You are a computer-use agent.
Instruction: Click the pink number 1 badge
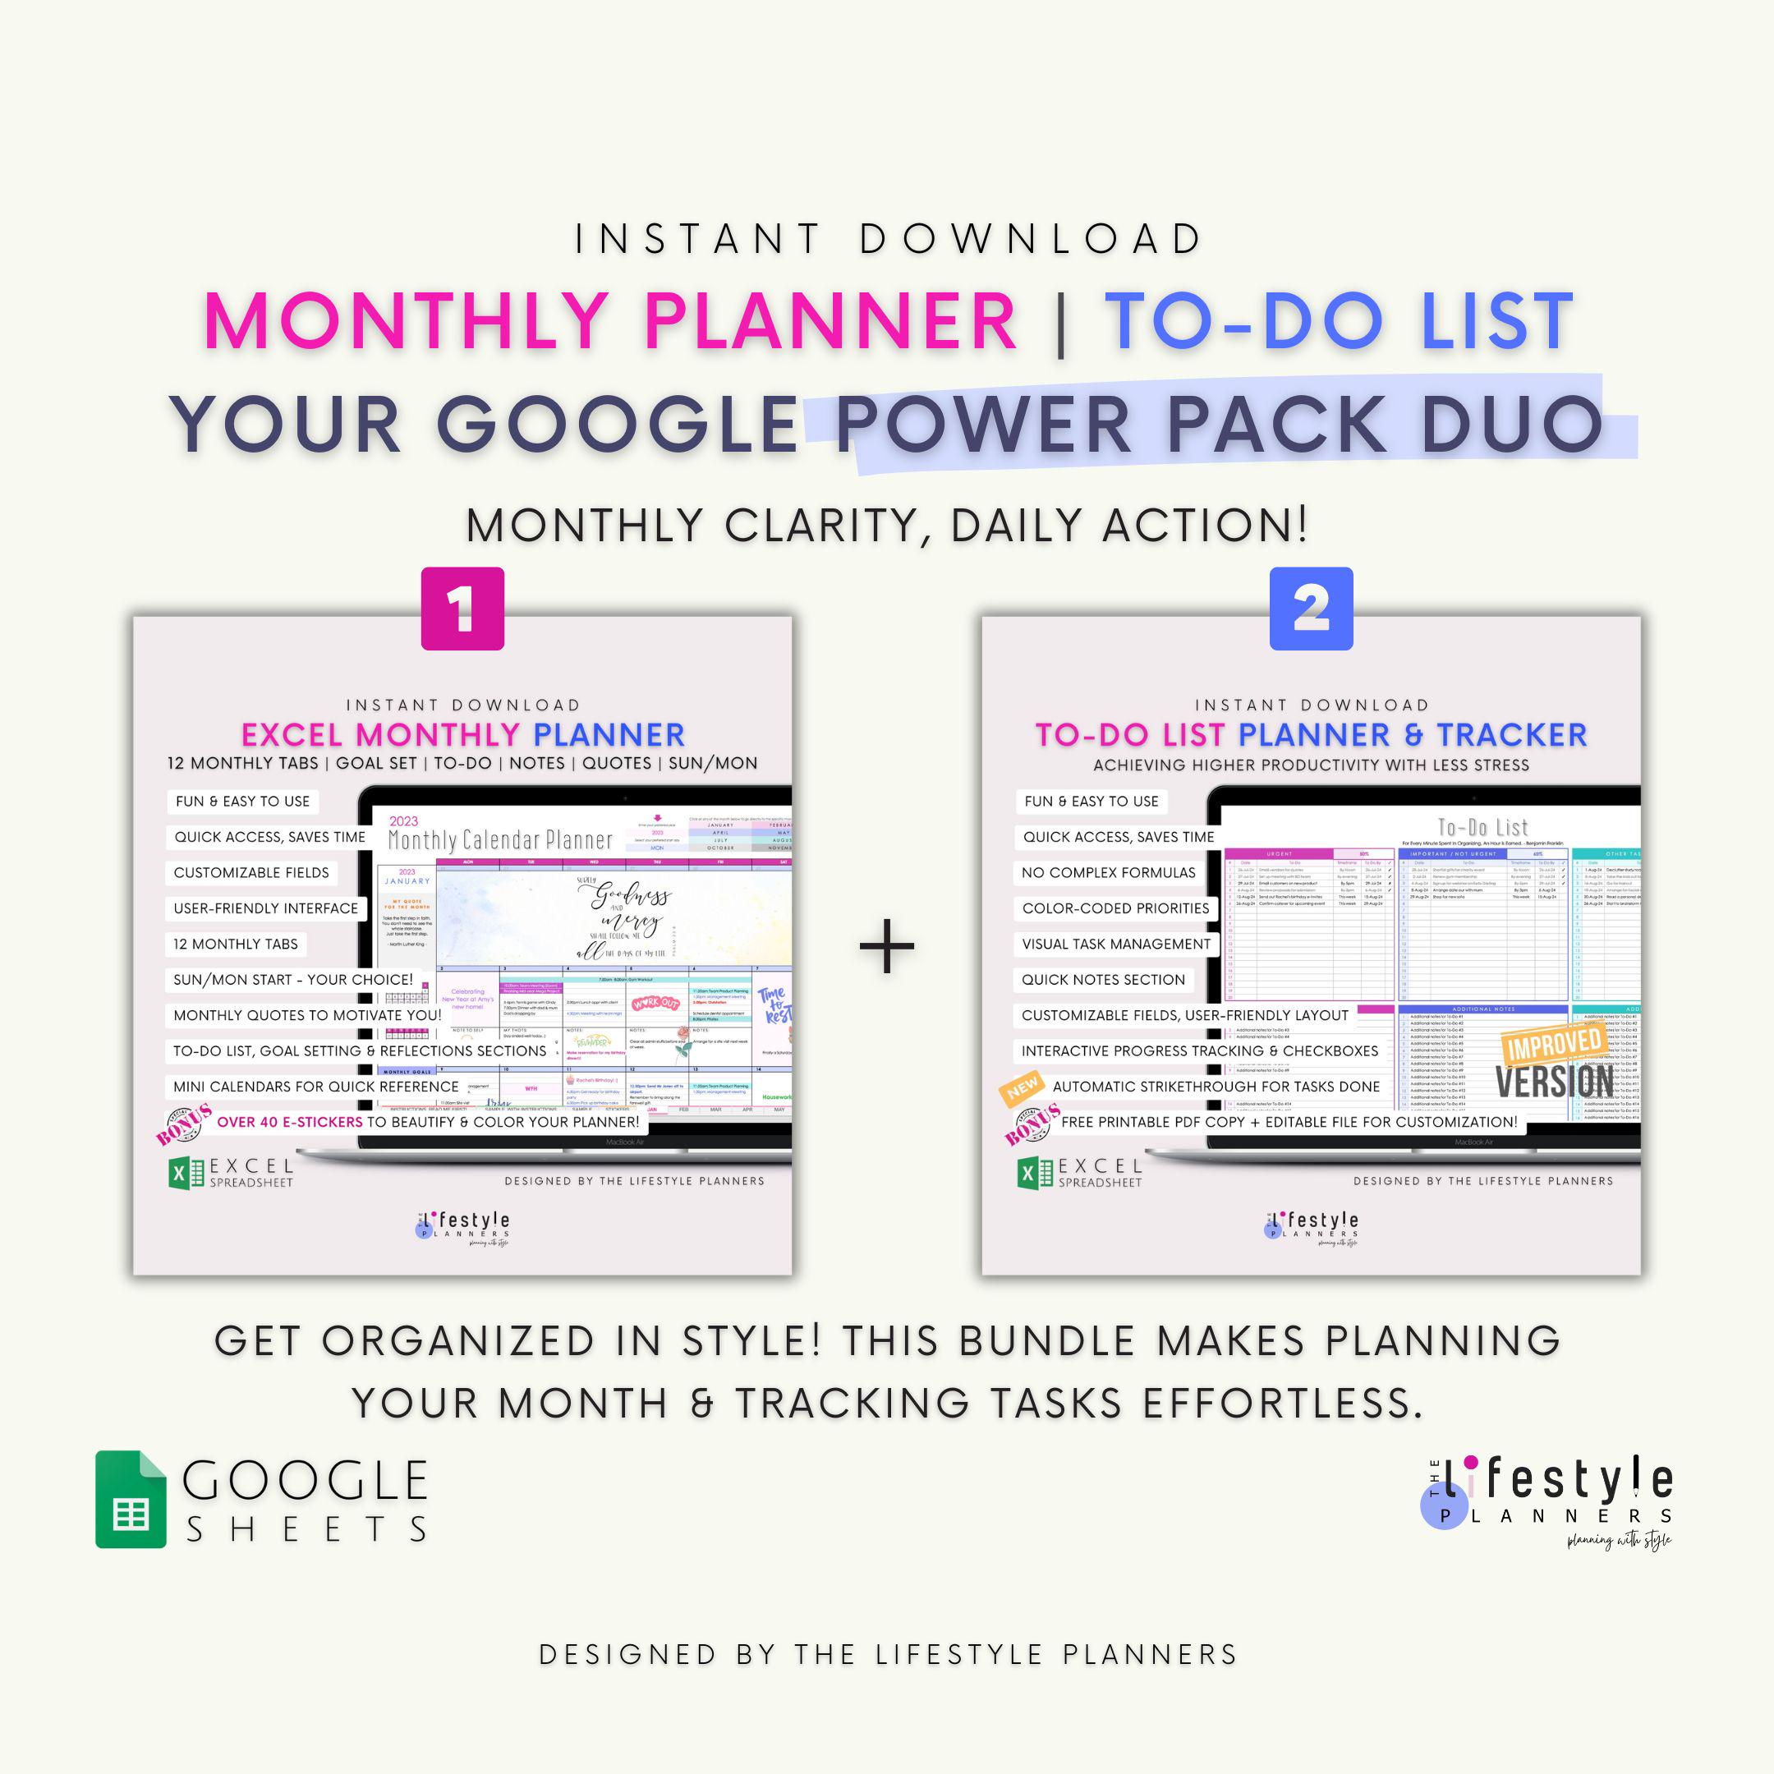point(462,609)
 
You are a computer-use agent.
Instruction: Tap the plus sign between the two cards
point(886,946)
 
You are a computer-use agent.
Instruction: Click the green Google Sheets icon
point(131,1499)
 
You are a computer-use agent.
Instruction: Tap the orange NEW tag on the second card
point(1022,1088)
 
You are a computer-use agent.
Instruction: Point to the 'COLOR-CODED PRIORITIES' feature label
point(1114,908)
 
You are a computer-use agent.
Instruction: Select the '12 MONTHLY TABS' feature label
point(236,944)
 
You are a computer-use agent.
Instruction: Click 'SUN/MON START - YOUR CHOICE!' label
point(293,980)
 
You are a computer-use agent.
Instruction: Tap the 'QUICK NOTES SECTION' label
point(1103,980)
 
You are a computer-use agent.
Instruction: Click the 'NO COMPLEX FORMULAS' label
point(1108,872)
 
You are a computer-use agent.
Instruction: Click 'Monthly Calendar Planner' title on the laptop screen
point(499,839)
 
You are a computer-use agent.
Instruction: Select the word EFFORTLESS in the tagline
point(1282,1403)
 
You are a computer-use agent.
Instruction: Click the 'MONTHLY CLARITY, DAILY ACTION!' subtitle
point(886,526)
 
